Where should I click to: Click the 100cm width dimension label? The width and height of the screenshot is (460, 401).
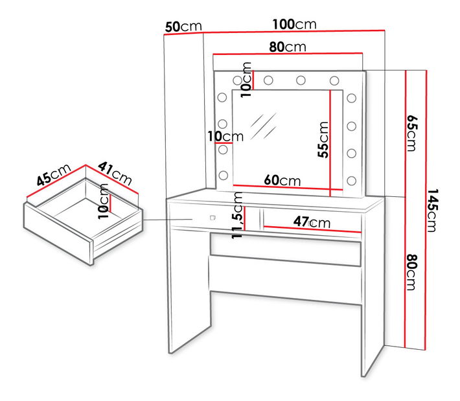(x=295, y=24)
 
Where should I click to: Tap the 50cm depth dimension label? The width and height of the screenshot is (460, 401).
(x=183, y=27)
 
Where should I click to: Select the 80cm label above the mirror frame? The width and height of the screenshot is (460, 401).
(x=288, y=47)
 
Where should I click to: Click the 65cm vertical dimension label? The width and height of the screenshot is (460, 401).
(x=411, y=133)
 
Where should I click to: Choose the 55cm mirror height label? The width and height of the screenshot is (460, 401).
(x=323, y=140)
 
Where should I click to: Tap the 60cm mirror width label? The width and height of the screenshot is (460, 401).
(x=282, y=180)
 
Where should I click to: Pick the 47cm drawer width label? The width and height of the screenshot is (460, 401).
(x=312, y=222)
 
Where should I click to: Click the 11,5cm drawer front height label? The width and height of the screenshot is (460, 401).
(x=237, y=215)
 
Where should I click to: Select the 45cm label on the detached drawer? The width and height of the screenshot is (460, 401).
(x=54, y=174)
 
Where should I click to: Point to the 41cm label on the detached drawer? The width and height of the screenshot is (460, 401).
(x=115, y=174)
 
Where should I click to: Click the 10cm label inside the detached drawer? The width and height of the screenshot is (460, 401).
(x=103, y=201)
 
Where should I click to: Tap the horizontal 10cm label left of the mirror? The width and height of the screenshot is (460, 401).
(x=225, y=137)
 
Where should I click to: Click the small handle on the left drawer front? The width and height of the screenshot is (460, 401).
(x=213, y=218)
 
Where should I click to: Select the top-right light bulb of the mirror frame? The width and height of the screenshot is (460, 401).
(x=334, y=80)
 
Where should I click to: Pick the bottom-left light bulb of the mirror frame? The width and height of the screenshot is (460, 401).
(x=224, y=176)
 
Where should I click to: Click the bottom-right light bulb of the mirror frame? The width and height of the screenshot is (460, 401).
(x=351, y=181)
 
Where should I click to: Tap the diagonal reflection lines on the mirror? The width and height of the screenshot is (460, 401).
(x=263, y=126)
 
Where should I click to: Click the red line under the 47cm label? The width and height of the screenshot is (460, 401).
(x=312, y=229)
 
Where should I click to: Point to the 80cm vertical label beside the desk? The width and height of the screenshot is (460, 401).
(x=411, y=272)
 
